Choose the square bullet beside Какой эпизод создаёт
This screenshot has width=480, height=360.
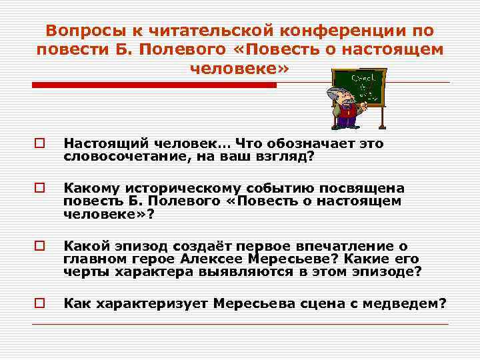[x=39, y=247]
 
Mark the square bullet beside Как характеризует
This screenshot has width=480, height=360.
[x=39, y=303]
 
